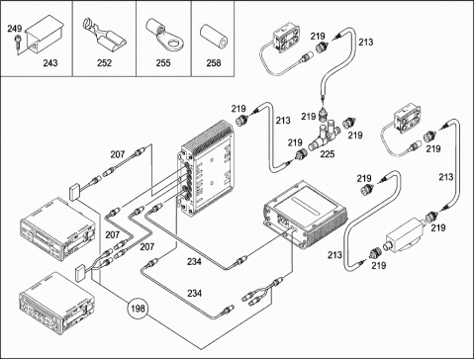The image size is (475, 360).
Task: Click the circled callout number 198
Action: pos(138,309)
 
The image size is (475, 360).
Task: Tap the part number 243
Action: pos(50,62)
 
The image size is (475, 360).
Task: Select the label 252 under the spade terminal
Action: pos(104,62)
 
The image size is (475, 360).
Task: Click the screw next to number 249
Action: pos(17,42)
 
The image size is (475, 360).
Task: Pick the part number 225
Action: pos(327,153)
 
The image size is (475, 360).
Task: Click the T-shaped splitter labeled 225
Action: pos(324,135)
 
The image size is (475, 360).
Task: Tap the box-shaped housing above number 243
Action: pos(45,34)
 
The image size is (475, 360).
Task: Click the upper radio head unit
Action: pos(58,229)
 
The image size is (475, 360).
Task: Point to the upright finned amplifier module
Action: pos(207,169)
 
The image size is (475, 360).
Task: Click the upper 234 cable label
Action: pos(194,261)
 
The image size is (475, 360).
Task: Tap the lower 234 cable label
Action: pos(194,293)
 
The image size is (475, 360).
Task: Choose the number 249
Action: pos(15,29)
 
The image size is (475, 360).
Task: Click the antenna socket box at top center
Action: pos(286,37)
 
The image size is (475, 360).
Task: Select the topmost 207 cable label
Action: pos(118,154)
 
